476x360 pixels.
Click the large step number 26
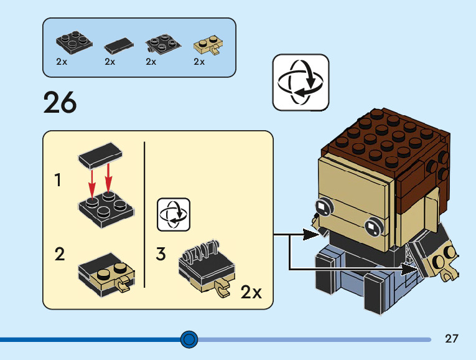click(x=60, y=103)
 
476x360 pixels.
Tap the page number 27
click(x=452, y=339)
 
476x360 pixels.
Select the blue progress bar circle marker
click(x=189, y=339)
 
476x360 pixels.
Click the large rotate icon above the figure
click(x=301, y=82)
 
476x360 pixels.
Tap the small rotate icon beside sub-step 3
click(x=174, y=215)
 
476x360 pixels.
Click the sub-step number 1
click(x=58, y=181)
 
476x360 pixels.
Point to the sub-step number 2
click(x=60, y=254)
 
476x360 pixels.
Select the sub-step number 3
click(x=161, y=254)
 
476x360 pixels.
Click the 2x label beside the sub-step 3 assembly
click(x=251, y=293)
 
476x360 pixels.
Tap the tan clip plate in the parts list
click(x=209, y=44)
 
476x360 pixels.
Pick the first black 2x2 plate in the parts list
click(x=74, y=42)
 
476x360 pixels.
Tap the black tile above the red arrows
click(x=101, y=152)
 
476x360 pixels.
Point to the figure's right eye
click(x=373, y=227)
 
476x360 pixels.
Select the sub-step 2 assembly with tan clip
click(x=106, y=275)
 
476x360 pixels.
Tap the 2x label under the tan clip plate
click(x=199, y=62)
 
